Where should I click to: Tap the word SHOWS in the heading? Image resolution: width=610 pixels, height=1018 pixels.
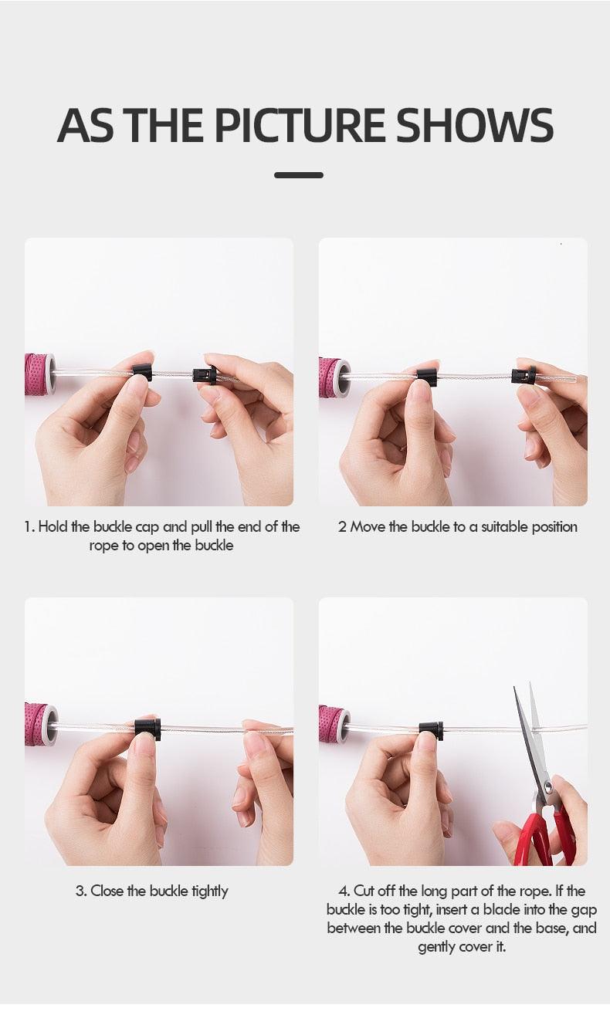coord(475,125)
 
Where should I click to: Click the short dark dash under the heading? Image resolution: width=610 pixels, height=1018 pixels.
coord(299,175)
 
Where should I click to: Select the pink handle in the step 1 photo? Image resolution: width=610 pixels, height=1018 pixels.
coord(40,374)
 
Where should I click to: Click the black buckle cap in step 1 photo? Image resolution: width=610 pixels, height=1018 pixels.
coord(142,372)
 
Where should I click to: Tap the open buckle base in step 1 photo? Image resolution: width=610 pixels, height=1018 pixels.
coord(205,375)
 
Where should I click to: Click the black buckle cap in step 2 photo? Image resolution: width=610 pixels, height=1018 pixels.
coord(427,377)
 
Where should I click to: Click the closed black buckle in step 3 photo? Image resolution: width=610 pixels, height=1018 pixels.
coord(147,729)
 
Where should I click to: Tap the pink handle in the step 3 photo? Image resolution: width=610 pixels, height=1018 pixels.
coord(42,725)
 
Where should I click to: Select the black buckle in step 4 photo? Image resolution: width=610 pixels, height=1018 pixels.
coord(431,730)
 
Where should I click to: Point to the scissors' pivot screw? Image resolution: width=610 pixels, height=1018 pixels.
coord(548,785)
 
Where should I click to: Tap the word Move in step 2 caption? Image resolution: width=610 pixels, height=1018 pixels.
coord(368,526)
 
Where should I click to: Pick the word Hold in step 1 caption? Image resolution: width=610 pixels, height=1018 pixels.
coord(53,526)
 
